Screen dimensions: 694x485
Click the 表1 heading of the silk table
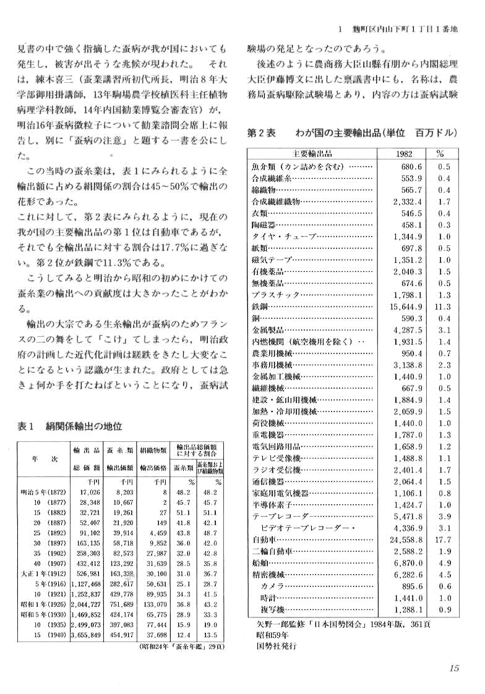click(27, 426)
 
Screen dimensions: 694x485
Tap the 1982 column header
click(403, 154)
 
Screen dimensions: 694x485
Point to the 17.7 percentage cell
click(441, 540)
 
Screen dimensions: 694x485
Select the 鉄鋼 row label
click(259, 307)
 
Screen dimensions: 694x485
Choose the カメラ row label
click(272, 586)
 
